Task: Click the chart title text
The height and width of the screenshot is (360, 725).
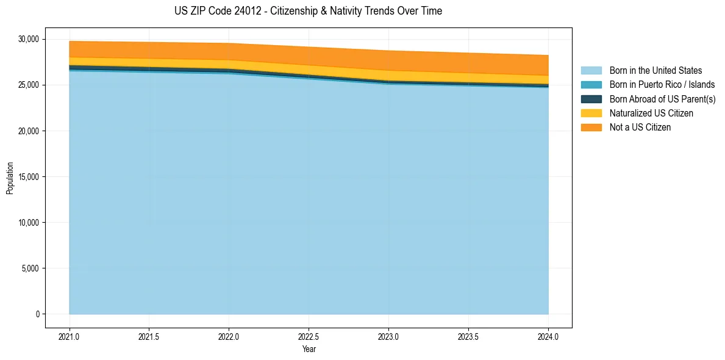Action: pyautogui.click(x=308, y=11)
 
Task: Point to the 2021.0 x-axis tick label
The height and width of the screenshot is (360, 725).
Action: pyautogui.click(x=70, y=336)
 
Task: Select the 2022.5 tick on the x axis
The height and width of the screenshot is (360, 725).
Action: pyautogui.click(x=309, y=336)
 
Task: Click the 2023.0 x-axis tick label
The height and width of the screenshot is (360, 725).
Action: pyautogui.click(x=388, y=336)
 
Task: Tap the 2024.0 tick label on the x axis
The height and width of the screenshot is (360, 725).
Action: pyautogui.click(x=548, y=336)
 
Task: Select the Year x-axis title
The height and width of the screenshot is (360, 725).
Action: pyautogui.click(x=309, y=349)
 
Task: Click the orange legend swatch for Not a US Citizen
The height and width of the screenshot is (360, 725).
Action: pyautogui.click(x=591, y=128)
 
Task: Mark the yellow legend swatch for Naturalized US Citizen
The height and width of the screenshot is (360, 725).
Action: pyautogui.click(x=591, y=113)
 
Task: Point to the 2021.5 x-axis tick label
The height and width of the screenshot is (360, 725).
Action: pyautogui.click(x=149, y=336)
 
